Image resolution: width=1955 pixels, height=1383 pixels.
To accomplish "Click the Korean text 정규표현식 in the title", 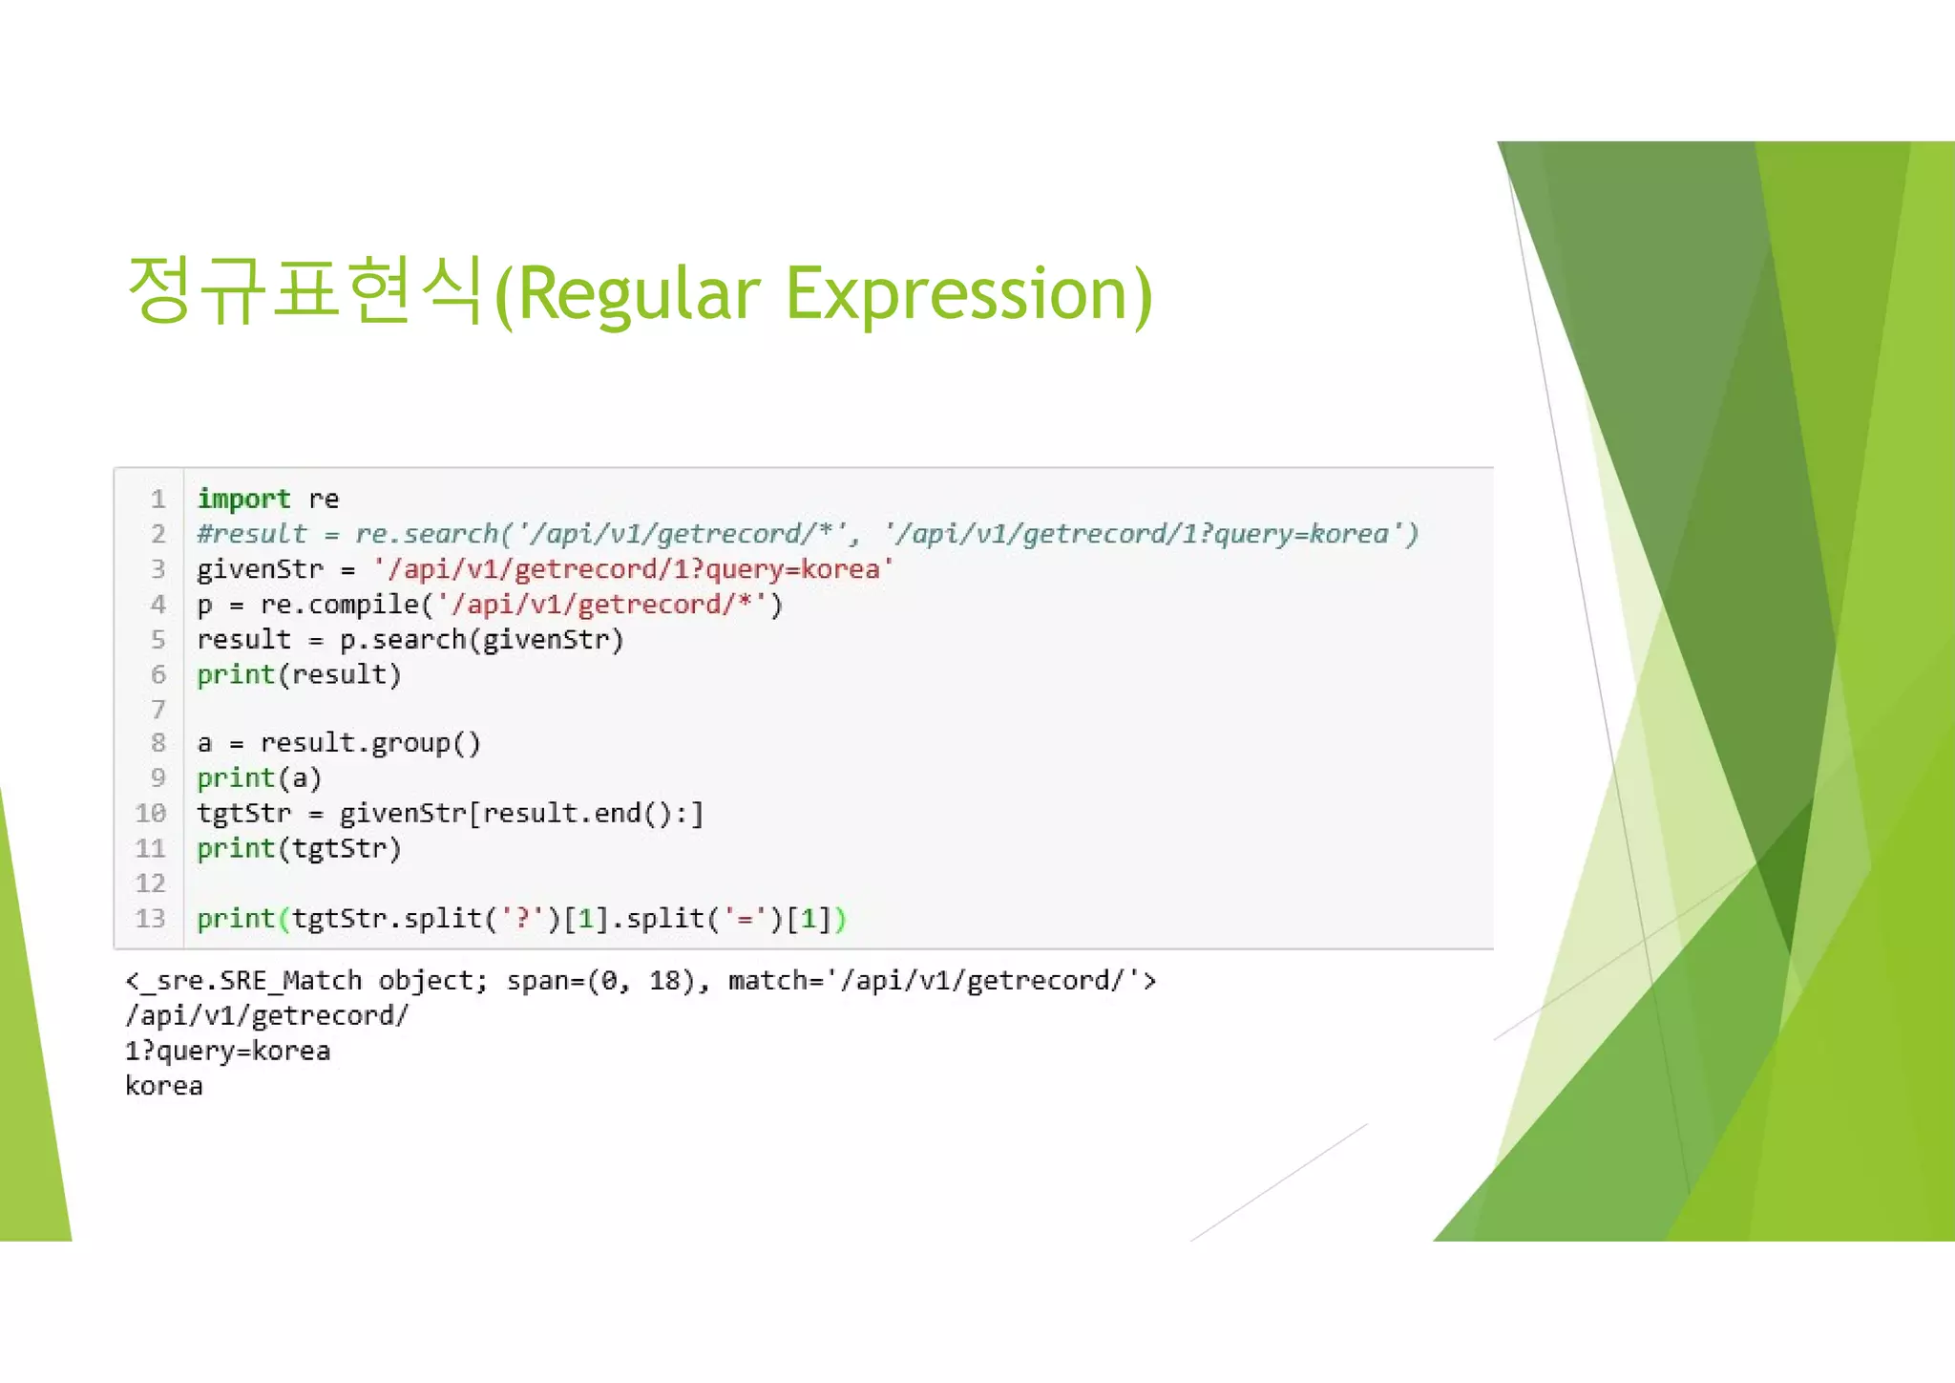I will [x=304, y=290].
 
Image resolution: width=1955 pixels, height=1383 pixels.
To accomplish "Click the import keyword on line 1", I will [x=243, y=499].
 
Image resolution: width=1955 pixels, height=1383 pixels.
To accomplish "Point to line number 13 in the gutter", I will [x=151, y=919].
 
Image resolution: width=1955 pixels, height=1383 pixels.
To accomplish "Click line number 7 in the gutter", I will [x=158, y=710].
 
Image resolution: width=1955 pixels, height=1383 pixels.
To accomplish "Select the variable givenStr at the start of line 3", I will [x=260, y=569].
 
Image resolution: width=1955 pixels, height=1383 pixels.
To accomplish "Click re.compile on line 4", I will [x=340, y=605].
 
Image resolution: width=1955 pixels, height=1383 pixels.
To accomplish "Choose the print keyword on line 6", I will [x=235, y=675].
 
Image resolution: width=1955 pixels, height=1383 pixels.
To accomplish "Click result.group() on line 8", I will [x=370, y=743].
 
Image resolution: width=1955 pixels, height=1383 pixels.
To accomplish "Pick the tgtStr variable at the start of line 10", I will [x=243, y=814].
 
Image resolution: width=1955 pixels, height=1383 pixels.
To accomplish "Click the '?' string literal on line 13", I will [x=522, y=919].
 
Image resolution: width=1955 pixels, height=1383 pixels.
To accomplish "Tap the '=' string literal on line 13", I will [x=745, y=919].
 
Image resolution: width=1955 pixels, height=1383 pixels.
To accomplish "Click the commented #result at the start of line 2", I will [x=252, y=534].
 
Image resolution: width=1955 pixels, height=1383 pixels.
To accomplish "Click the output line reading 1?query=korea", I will [x=227, y=1052].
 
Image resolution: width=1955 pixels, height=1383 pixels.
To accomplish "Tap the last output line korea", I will [x=164, y=1087].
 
